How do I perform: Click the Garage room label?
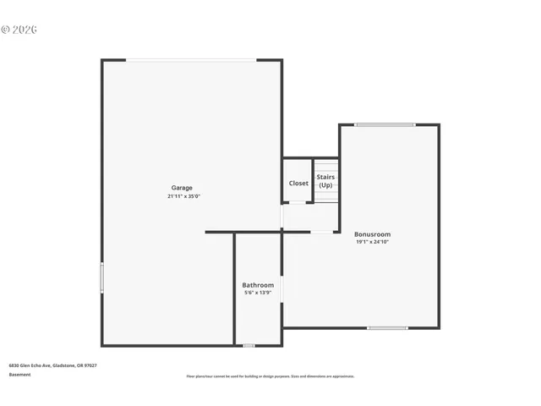point(182,188)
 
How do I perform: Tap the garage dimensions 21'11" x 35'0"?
point(183,196)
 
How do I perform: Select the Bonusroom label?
point(372,234)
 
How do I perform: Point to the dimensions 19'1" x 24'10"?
point(372,242)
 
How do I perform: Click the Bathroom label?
point(258,285)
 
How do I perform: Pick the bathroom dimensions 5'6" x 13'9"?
point(258,293)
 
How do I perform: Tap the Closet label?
point(298,183)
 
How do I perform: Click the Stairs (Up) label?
point(325,181)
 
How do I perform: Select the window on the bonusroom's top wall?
point(385,125)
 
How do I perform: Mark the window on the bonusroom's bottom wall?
point(387,327)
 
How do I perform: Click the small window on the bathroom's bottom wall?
point(249,345)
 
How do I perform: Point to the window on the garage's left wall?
point(102,277)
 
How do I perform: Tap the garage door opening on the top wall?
point(191,60)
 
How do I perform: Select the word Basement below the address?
point(19,374)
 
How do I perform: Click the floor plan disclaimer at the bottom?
point(270,376)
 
